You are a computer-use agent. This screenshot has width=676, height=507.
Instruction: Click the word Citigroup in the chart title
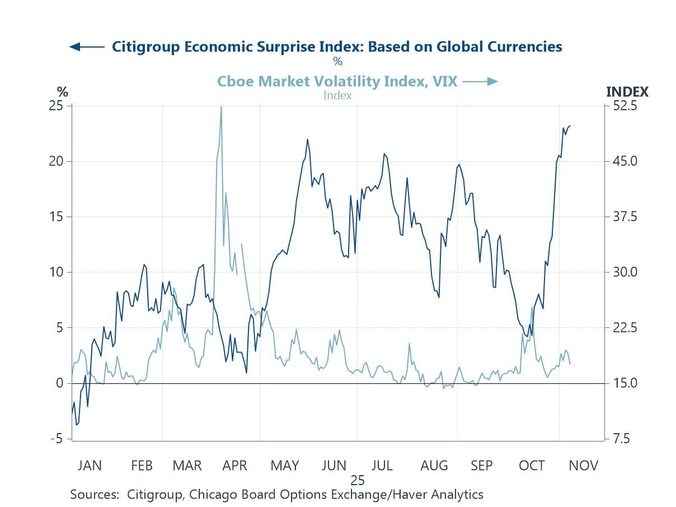click(147, 46)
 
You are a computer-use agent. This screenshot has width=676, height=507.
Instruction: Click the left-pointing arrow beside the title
click(86, 47)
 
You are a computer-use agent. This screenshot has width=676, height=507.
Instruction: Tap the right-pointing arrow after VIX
click(480, 82)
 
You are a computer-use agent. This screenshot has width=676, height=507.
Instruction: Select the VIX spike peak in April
click(221, 106)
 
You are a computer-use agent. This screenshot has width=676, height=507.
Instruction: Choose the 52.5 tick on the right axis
click(623, 106)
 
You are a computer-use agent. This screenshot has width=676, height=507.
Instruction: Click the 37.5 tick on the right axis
click(623, 217)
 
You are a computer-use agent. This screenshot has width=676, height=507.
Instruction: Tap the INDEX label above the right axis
click(627, 92)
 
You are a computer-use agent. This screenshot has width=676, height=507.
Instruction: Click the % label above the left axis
click(62, 92)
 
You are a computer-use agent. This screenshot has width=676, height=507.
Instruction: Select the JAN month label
click(90, 466)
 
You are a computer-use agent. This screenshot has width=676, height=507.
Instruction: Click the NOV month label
click(584, 466)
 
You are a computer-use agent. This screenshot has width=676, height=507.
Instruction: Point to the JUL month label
click(382, 466)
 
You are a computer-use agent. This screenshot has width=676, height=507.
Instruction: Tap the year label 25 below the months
click(358, 480)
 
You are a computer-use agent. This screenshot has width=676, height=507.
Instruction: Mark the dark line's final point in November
click(570, 126)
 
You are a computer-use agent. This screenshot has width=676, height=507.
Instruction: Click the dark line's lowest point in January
click(76, 425)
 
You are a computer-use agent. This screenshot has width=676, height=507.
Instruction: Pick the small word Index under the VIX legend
click(337, 95)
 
